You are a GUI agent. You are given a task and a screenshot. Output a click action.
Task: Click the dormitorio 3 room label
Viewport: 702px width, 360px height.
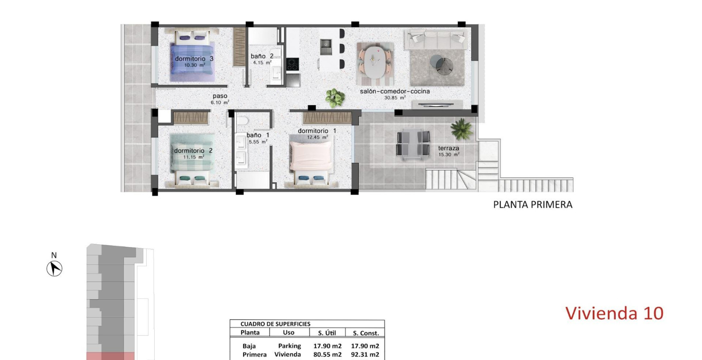pyautogui.click(x=194, y=59)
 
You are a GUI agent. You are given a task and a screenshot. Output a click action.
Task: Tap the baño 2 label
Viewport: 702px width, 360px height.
pyautogui.click(x=262, y=56)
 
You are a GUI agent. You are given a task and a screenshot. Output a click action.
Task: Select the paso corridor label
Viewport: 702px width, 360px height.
pyautogui.click(x=220, y=96)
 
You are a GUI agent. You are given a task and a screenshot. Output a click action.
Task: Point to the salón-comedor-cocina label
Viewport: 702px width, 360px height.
pyautogui.click(x=395, y=91)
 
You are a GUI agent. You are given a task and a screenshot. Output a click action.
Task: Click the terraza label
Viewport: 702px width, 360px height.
pyautogui.click(x=448, y=148)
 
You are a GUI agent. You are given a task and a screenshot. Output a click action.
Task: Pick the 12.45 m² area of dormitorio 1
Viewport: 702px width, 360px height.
pyautogui.click(x=317, y=138)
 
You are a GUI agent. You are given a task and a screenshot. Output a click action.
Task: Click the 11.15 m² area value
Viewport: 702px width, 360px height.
pyautogui.click(x=194, y=157)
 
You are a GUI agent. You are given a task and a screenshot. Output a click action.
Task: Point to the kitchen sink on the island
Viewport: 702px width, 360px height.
pyautogui.click(x=326, y=44)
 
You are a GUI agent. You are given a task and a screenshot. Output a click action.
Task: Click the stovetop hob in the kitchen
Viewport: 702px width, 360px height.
pyautogui.click(x=293, y=65)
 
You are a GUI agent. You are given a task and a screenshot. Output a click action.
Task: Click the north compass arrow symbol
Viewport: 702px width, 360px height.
pyautogui.click(x=54, y=269)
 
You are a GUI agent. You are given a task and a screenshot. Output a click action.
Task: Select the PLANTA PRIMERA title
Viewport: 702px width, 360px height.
pyautogui.click(x=533, y=205)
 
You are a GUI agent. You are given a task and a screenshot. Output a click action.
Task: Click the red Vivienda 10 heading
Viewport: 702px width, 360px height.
pyautogui.click(x=614, y=313)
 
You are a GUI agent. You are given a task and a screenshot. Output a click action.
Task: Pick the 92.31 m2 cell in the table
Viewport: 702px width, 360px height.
pyautogui.click(x=365, y=354)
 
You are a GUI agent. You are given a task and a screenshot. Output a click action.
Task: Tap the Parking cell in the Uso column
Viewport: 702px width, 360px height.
pyautogui.click(x=290, y=346)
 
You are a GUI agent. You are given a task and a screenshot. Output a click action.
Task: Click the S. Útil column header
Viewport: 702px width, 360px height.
pyautogui.click(x=327, y=333)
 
